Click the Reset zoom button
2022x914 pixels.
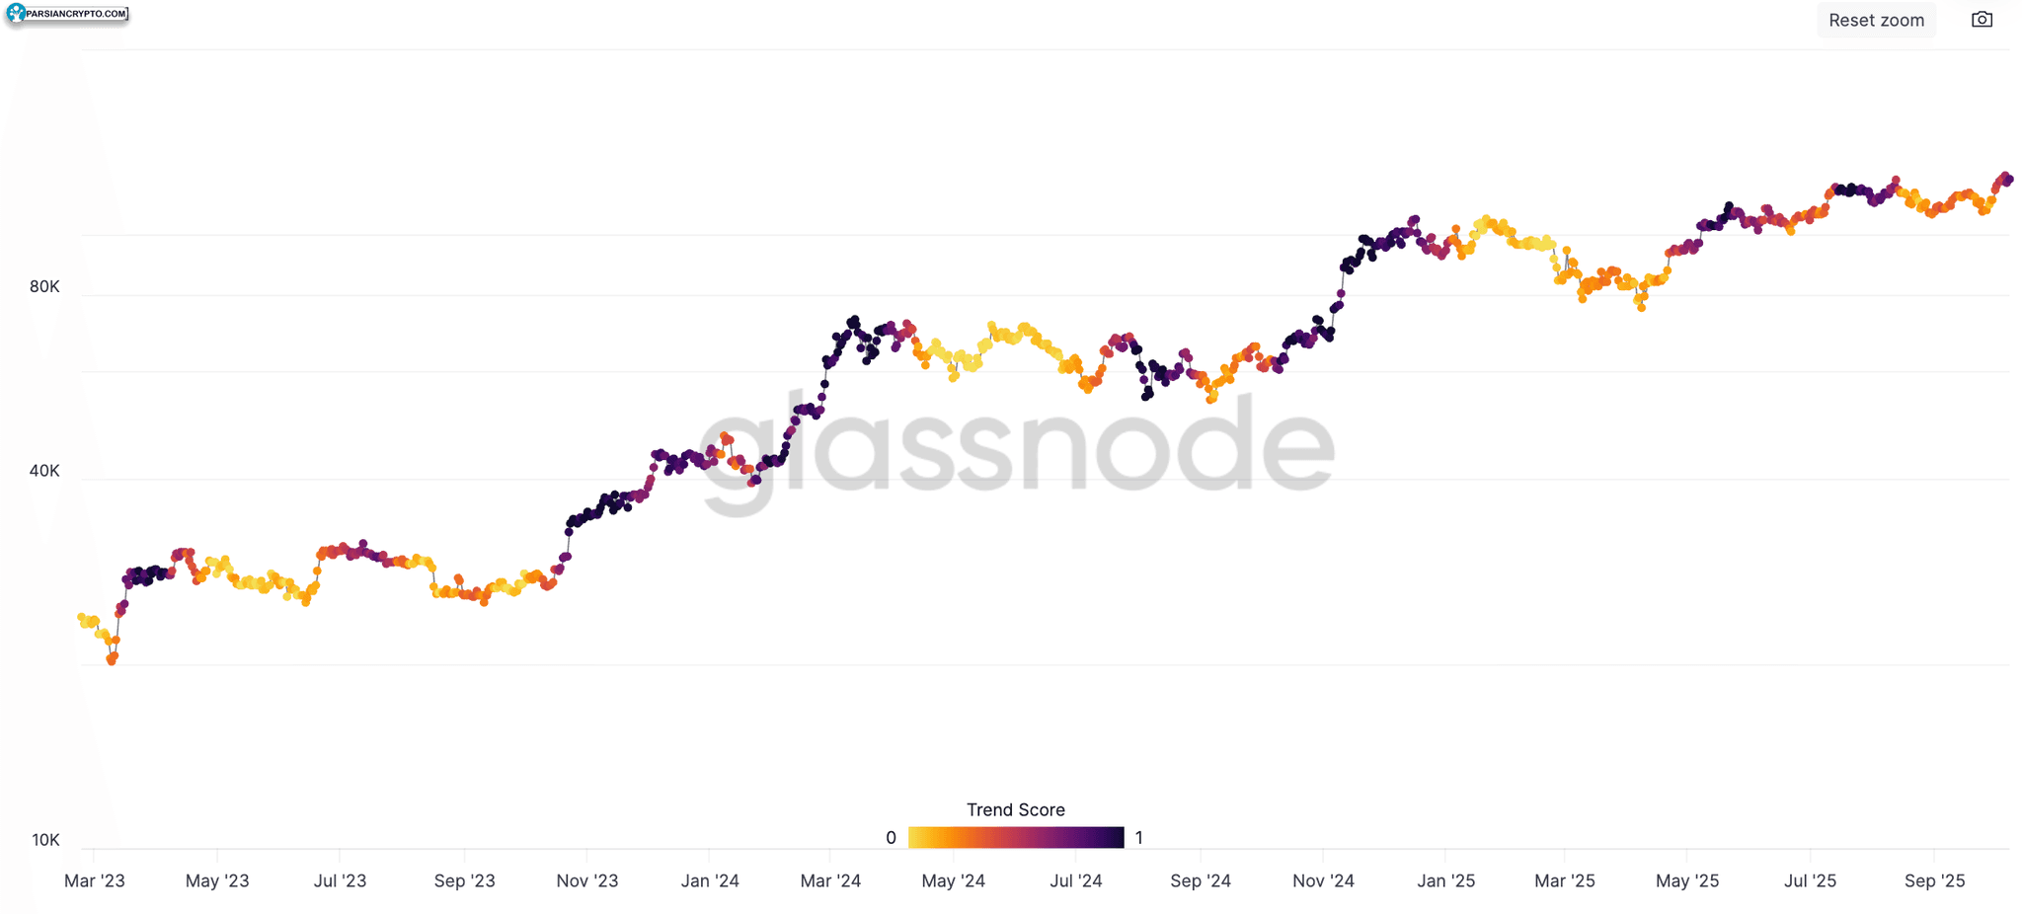coord(1876,20)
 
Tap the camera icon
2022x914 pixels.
coord(1982,20)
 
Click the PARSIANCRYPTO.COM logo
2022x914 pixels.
coord(67,14)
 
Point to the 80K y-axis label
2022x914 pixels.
coord(44,287)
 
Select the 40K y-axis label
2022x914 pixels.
coord(44,471)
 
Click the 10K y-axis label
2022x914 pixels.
coord(45,840)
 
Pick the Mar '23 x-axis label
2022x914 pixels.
coord(95,880)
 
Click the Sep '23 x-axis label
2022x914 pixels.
coord(465,880)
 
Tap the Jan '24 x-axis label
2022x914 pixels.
coord(710,880)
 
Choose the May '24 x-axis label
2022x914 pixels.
coord(954,880)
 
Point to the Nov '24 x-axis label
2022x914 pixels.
coord(1324,880)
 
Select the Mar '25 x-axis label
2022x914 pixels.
coord(1565,880)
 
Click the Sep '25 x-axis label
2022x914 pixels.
coord(1935,880)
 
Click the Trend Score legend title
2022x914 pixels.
coord(1016,809)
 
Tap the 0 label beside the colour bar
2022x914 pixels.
coord(891,838)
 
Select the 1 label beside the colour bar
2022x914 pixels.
coord(1138,838)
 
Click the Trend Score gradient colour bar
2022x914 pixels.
coord(1016,838)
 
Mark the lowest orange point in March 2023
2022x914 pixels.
coord(112,660)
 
